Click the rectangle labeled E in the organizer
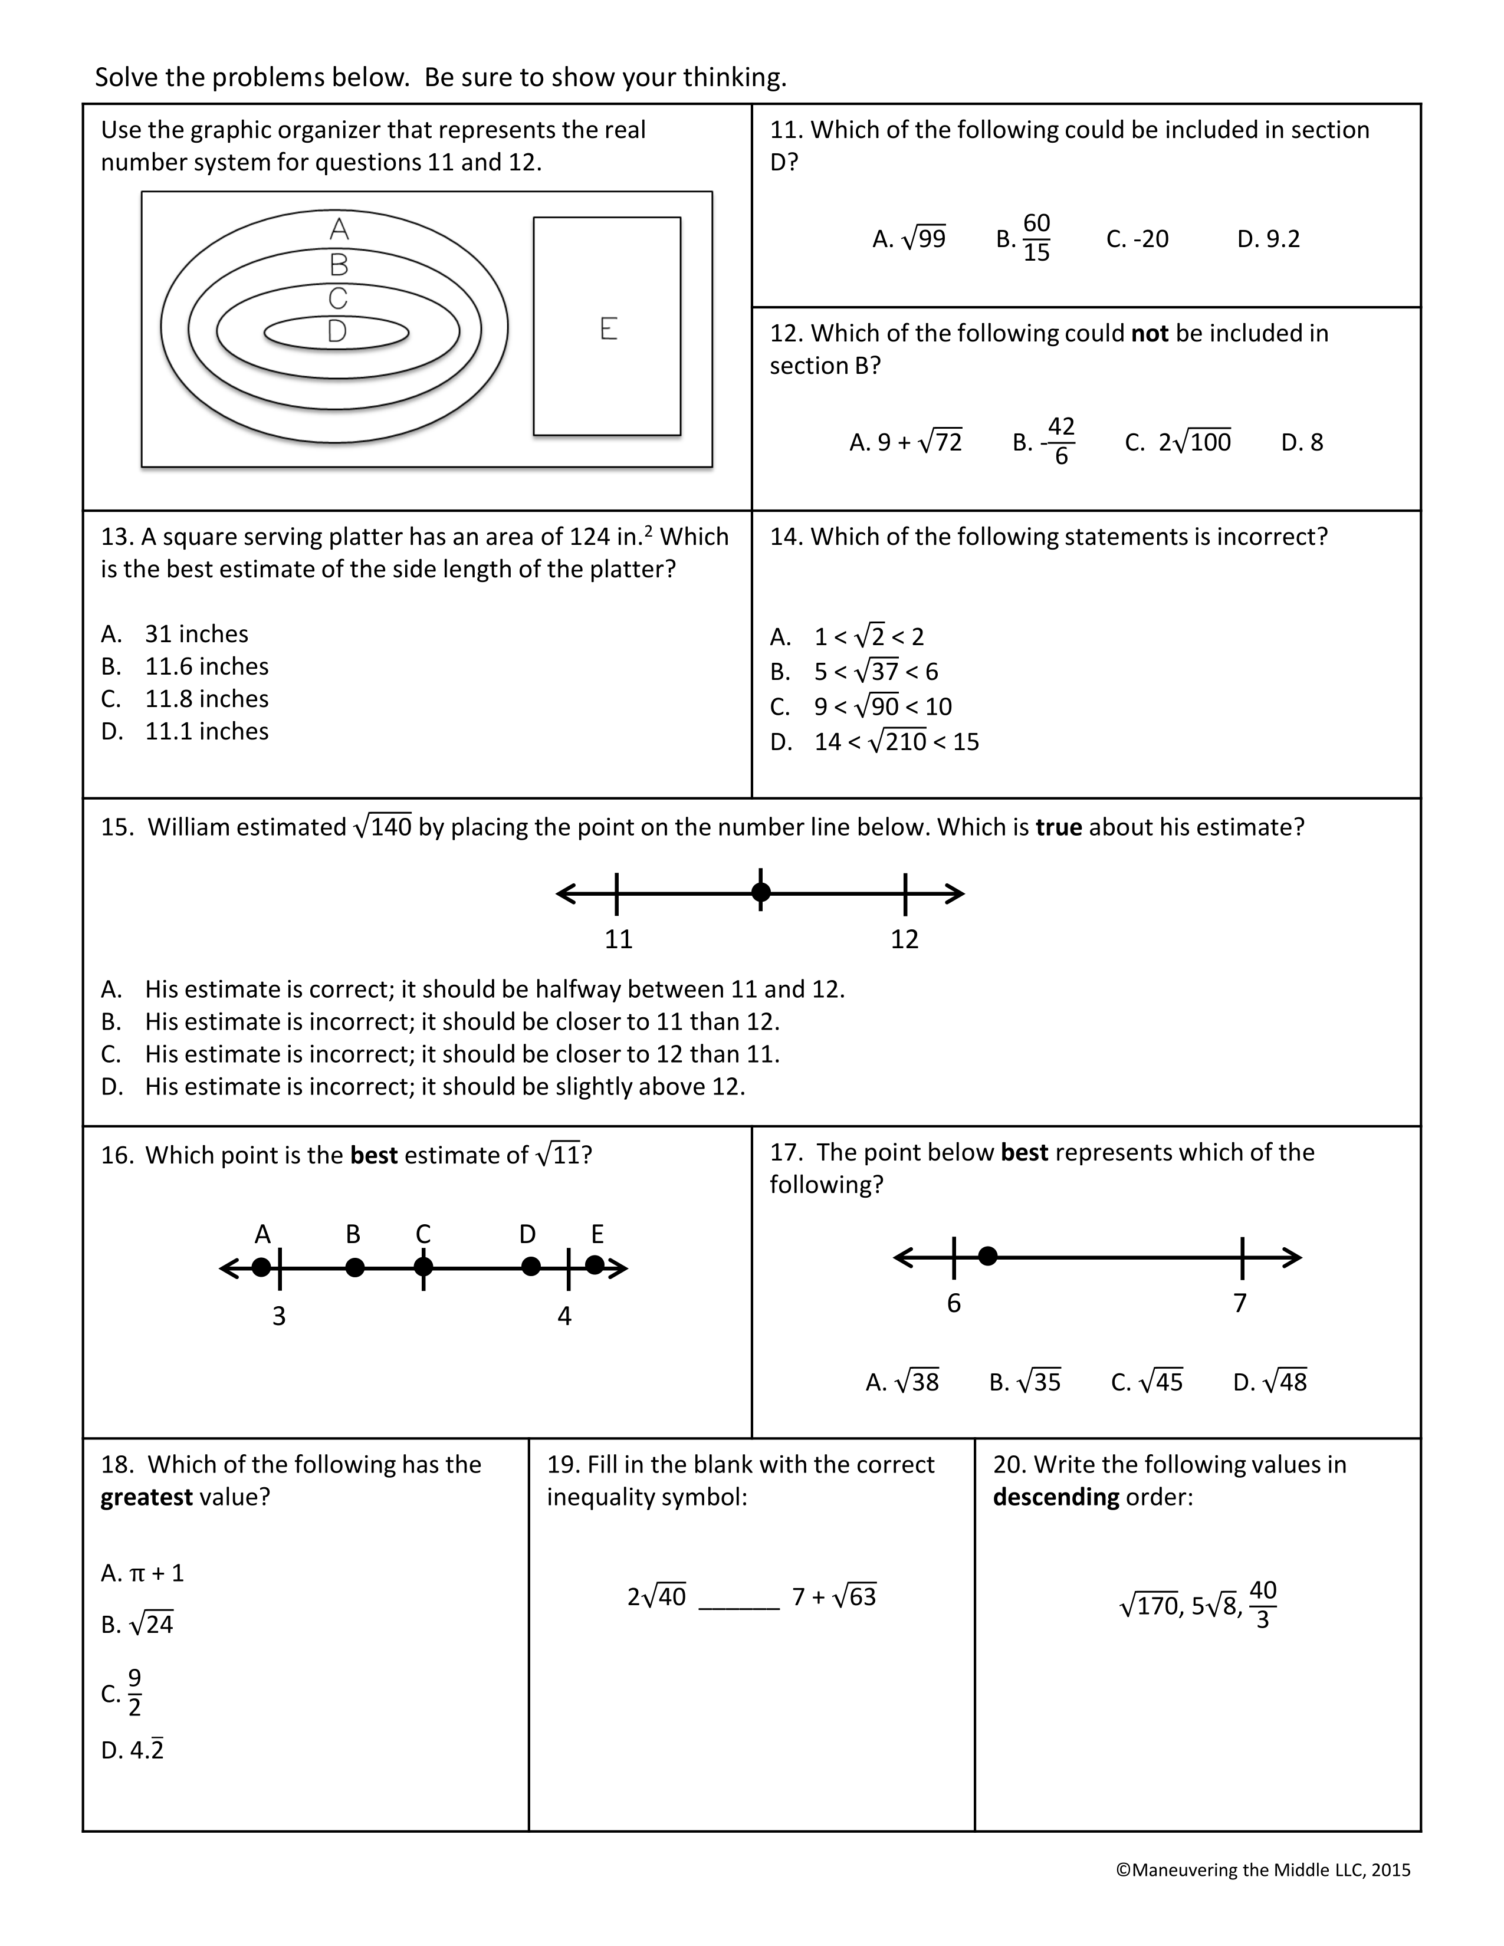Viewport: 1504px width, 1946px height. click(x=607, y=327)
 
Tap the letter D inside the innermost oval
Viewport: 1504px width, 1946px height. click(x=337, y=331)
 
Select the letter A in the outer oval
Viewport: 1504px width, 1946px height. click(x=339, y=230)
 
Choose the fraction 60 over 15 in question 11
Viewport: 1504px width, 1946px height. click(x=1036, y=238)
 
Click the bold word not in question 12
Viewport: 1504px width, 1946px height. click(x=1150, y=333)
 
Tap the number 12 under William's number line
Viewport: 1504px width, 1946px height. click(x=904, y=939)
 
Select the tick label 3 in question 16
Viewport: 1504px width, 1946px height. click(x=279, y=1316)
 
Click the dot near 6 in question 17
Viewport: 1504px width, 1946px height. click(x=987, y=1256)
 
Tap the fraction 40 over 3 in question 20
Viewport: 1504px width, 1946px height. click(x=1263, y=1605)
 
